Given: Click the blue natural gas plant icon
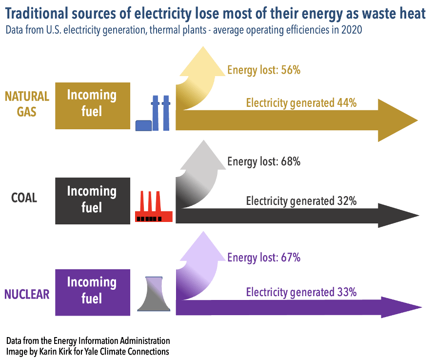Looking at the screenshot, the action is tap(153, 113).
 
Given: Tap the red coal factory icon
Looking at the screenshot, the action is tap(154, 206).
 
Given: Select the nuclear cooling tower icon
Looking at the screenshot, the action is tap(154, 294).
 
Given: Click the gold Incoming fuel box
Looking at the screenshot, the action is tap(93, 106).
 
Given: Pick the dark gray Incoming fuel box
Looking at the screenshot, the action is tap(93, 201).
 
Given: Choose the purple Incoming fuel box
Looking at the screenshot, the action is tap(93, 292).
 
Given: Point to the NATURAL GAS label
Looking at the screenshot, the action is tap(27, 104).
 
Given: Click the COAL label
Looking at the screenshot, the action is tap(24, 198).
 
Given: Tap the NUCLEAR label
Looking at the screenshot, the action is tap(27, 294).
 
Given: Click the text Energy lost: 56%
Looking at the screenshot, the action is tap(264, 70).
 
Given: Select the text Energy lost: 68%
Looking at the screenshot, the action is tap(264, 161).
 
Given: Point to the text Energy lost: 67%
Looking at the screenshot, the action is tap(264, 258).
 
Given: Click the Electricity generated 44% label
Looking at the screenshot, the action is tap(301, 103).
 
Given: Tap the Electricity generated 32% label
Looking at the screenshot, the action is tap(301, 201).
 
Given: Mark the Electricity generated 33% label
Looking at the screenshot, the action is tap(301, 292).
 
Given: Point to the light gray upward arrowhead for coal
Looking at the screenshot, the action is tap(203, 157).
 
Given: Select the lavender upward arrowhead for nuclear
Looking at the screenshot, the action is tap(203, 248).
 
